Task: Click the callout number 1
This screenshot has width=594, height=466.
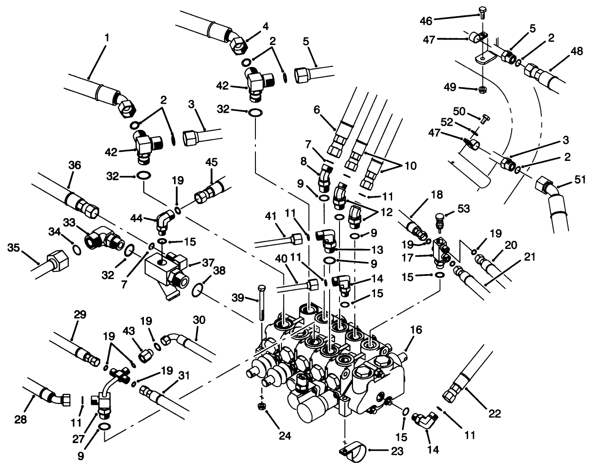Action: pos(107,39)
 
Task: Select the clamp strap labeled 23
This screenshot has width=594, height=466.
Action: pos(353,449)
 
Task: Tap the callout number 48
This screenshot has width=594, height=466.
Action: pos(577,51)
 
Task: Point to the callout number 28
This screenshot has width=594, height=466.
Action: pos(21,420)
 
